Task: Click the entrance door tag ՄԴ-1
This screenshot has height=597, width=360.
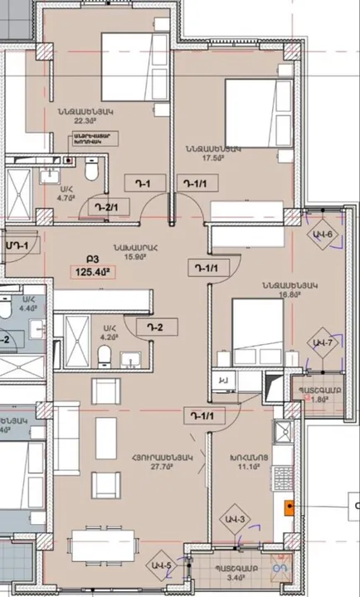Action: click(16, 245)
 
